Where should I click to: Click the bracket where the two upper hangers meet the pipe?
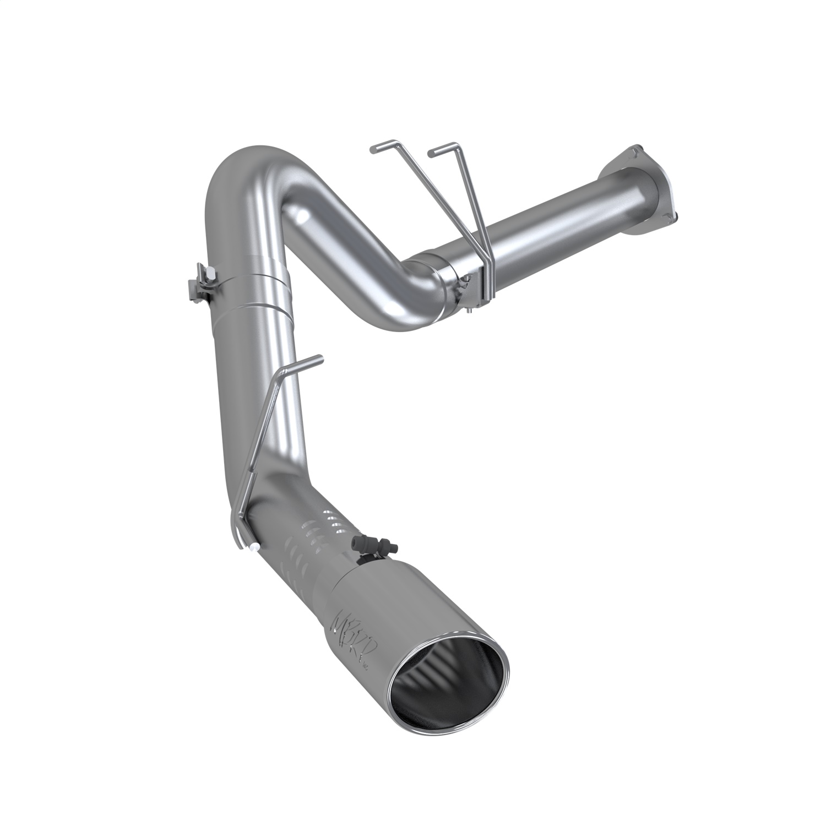[x=485, y=275]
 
